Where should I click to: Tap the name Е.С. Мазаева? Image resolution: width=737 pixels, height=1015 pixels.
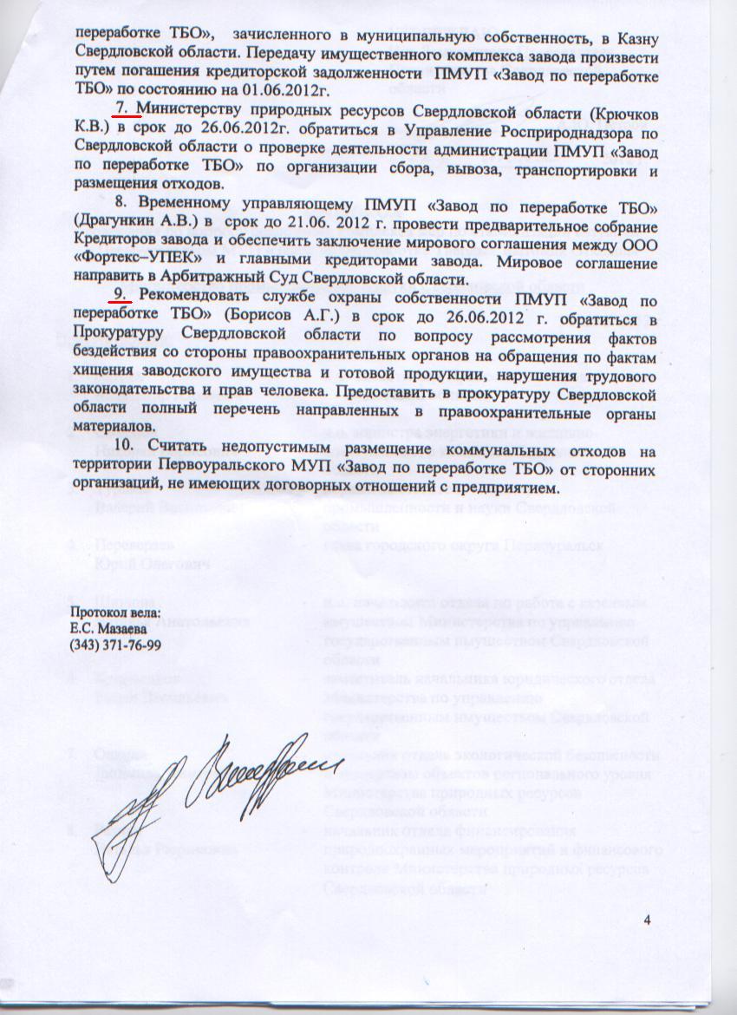click(105, 629)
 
